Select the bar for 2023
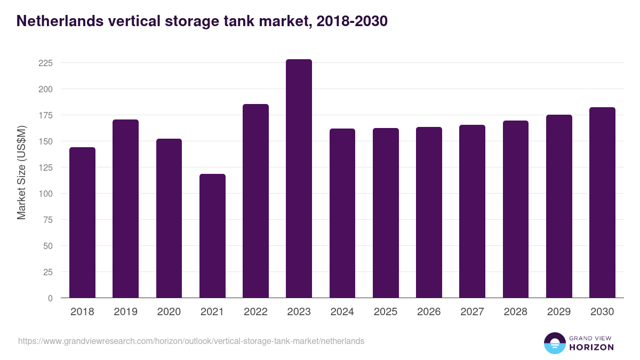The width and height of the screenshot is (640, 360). pyautogui.click(x=299, y=179)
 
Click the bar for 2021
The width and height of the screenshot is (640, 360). pyautogui.click(x=212, y=236)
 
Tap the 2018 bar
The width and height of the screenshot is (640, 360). pyautogui.click(x=82, y=222)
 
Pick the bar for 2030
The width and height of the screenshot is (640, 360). pyautogui.click(x=602, y=203)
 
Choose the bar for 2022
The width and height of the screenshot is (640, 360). pyautogui.click(x=255, y=201)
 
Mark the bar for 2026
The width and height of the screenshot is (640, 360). pyautogui.click(x=429, y=212)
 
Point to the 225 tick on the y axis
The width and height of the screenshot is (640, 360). pyautogui.click(x=45, y=63)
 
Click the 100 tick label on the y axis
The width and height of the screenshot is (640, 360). pyautogui.click(x=45, y=194)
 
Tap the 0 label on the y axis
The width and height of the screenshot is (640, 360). pyautogui.click(x=50, y=298)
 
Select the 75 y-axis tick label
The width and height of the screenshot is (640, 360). pyautogui.click(x=47, y=220)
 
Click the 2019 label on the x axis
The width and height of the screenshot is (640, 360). pyautogui.click(x=125, y=312)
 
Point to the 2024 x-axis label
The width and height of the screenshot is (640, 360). pyautogui.click(x=342, y=312)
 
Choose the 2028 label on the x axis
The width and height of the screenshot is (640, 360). pyautogui.click(x=515, y=312)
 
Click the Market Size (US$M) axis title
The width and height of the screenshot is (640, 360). pyautogui.click(x=21, y=172)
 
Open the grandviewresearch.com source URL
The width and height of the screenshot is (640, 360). pyautogui.click(x=191, y=341)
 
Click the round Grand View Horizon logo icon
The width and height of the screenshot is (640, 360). pyautogui.click(x=554, y=343)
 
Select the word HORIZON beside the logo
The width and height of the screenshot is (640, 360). pyautogui.click(x=591, y=347)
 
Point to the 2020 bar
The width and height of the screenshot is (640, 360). pyautogui.click(x=169, y=218)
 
